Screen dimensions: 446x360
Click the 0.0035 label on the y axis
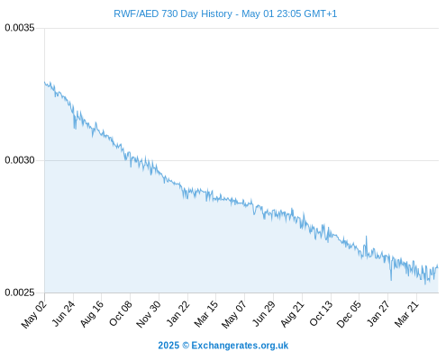pos(20,28)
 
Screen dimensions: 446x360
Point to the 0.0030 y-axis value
pos(20,160)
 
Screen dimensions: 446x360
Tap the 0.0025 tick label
pos(20,292)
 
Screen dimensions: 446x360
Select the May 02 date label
pos(34,314)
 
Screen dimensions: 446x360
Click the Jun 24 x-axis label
pos(63,313)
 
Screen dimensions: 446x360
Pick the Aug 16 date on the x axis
pos(92,314)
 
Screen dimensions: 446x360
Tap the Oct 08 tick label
pos(121,314)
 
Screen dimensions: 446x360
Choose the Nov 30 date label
pos(149,314)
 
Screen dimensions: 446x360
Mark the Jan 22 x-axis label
pos(178,313)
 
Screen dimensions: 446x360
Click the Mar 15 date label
pos(206,314)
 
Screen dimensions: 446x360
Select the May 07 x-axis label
pos(234,314)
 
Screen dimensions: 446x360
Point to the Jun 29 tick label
pos(264,313)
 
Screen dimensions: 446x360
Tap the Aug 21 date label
pos(293,314)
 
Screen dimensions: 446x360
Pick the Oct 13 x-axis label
pos(321,314)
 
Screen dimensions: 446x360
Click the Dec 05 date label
pos(349,314)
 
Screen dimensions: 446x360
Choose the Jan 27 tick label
pos(378,313)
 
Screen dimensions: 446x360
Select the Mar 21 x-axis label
pos(406,314)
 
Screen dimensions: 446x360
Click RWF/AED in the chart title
pos(136,13)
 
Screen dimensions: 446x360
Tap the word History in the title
pos(217,13)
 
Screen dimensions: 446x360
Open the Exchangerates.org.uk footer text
pos(240,346)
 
